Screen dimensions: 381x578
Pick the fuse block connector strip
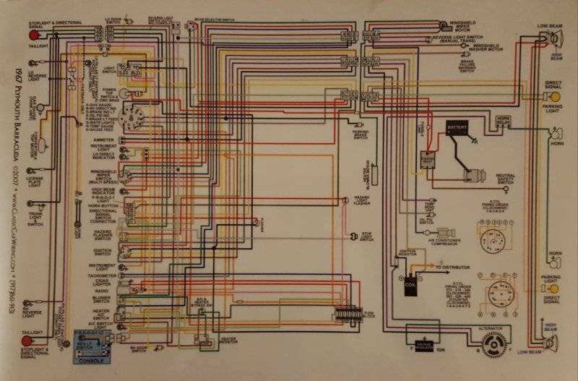349,316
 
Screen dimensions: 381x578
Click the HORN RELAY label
503,119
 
